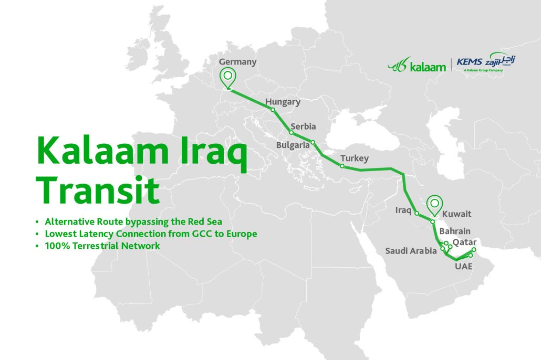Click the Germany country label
[237, 62]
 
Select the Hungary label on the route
[283, 102]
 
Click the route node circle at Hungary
[273, 110]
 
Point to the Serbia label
[303, 126]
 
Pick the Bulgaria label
[294, 145]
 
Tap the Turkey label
[354, 158]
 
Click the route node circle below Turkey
[342, 166]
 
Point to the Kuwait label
[456, 214]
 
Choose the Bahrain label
[455, 231]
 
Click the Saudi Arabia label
[411, 251]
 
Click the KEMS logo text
[469, 62]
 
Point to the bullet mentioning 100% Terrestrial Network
[102, 246]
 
